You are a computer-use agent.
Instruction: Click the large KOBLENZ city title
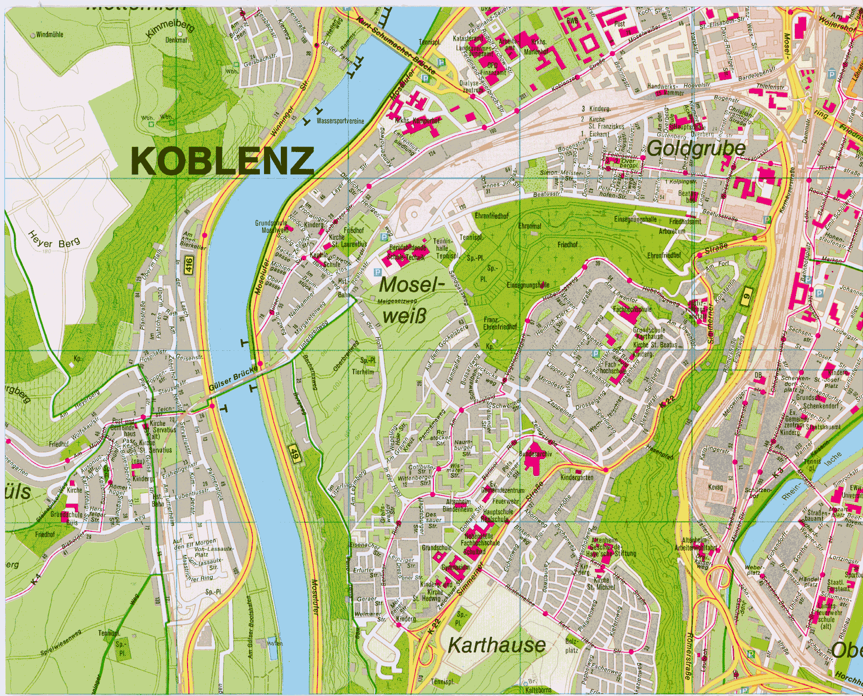point(222,161)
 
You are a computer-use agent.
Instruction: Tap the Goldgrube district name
point(696,149)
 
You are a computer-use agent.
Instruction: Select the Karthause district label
point(496,646)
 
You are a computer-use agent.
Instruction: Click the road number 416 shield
point(189,265)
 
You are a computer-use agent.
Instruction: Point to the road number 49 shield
point(294,454)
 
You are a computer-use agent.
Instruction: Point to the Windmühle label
point(49,35)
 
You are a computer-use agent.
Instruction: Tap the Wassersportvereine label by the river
point(340,121)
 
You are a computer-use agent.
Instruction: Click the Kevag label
point(715,487)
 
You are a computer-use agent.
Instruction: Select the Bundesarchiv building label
point(535,454)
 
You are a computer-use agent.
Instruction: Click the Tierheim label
point(363,372)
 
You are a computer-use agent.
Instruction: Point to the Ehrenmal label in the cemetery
point(530,226)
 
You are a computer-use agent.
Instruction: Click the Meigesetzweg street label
point(397,301)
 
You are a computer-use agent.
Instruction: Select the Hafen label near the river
point(275,643)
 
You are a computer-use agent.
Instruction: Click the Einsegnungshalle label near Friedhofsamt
point(635,219)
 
